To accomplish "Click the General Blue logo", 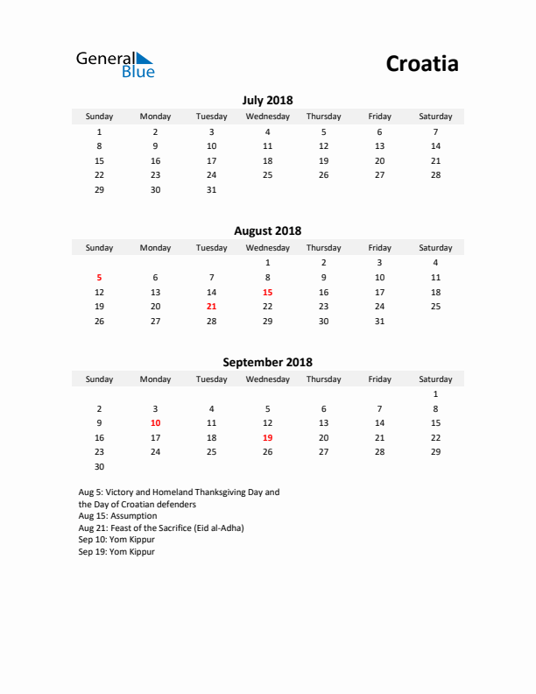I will (x=115, y=64).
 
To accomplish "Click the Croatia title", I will (x=421, y=64).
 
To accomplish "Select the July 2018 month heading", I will (x=267, y=100).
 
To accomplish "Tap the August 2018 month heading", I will (x=267, y=230).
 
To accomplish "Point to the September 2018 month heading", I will (x=267, y=362).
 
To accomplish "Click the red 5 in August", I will (x=99, y=277).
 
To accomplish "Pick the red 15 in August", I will (x=267, y=292).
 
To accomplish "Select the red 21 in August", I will (x=211, y=307).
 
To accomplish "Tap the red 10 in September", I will (x=155, y=422).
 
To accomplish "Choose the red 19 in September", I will (x=267, y=437).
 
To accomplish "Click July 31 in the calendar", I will (x=211, y=190).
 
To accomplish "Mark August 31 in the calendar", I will (x=379, y=322).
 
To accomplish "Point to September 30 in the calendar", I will (x=99, y=467).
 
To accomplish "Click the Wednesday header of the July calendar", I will (x=267, y=117).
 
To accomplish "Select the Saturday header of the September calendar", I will (x=435, y=379).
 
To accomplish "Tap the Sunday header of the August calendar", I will (x=99, y=248).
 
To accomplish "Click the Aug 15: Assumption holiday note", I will (x=117, y=516).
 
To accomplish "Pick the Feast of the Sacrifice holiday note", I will (x=161, y=528).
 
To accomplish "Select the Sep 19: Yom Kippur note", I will (x=116, y=552).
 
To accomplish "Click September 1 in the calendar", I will (x=435, y=393).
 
